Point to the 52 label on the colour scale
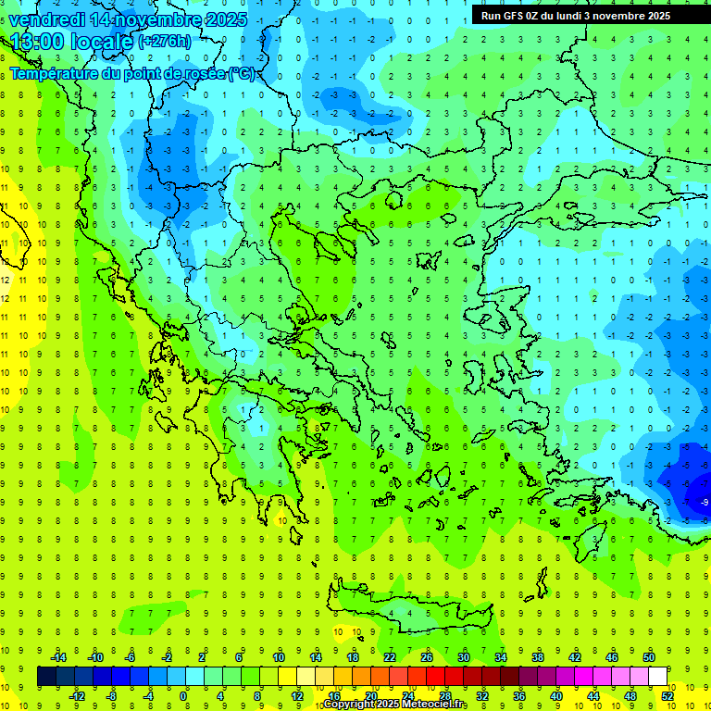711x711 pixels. tap(667, 696)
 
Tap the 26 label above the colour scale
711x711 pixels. tap(427, 656)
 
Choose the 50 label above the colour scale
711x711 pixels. tap(649, 656)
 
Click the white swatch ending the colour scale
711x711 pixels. tap(658, 677)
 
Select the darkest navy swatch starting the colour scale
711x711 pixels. tap(46, 677)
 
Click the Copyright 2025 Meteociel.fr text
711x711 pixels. tap(395, 705)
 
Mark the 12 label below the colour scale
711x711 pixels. tap(297, 696)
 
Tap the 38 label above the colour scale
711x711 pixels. tap(538, 656)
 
